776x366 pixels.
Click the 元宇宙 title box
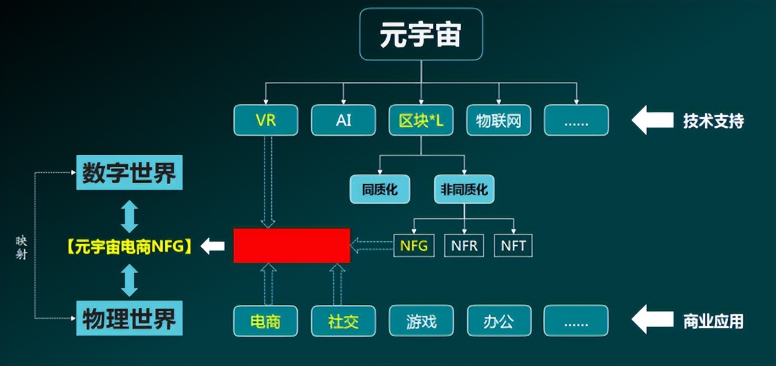(421, 35)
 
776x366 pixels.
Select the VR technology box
(266, 120)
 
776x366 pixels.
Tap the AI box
(343, 120)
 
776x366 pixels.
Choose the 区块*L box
(421, 120)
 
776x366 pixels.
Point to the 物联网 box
(498, 120)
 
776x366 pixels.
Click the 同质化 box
(380, 189)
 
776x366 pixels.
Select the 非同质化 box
(464, 189)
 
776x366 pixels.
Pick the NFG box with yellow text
(414, 245)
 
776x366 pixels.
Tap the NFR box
(464, 245)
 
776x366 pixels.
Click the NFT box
(513, 245)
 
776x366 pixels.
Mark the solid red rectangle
(292, 245)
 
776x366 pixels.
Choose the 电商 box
(266, 321)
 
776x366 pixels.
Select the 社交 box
(343, 321)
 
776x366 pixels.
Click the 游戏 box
(421, 321)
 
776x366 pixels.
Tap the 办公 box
(498, 321)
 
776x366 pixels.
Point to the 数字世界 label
(129, 173)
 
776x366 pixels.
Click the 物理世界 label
(129, 318)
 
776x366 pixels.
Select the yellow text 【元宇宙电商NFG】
(129, 246)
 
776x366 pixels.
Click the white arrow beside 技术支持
(652, 121)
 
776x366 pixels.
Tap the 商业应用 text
(713, 321)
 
